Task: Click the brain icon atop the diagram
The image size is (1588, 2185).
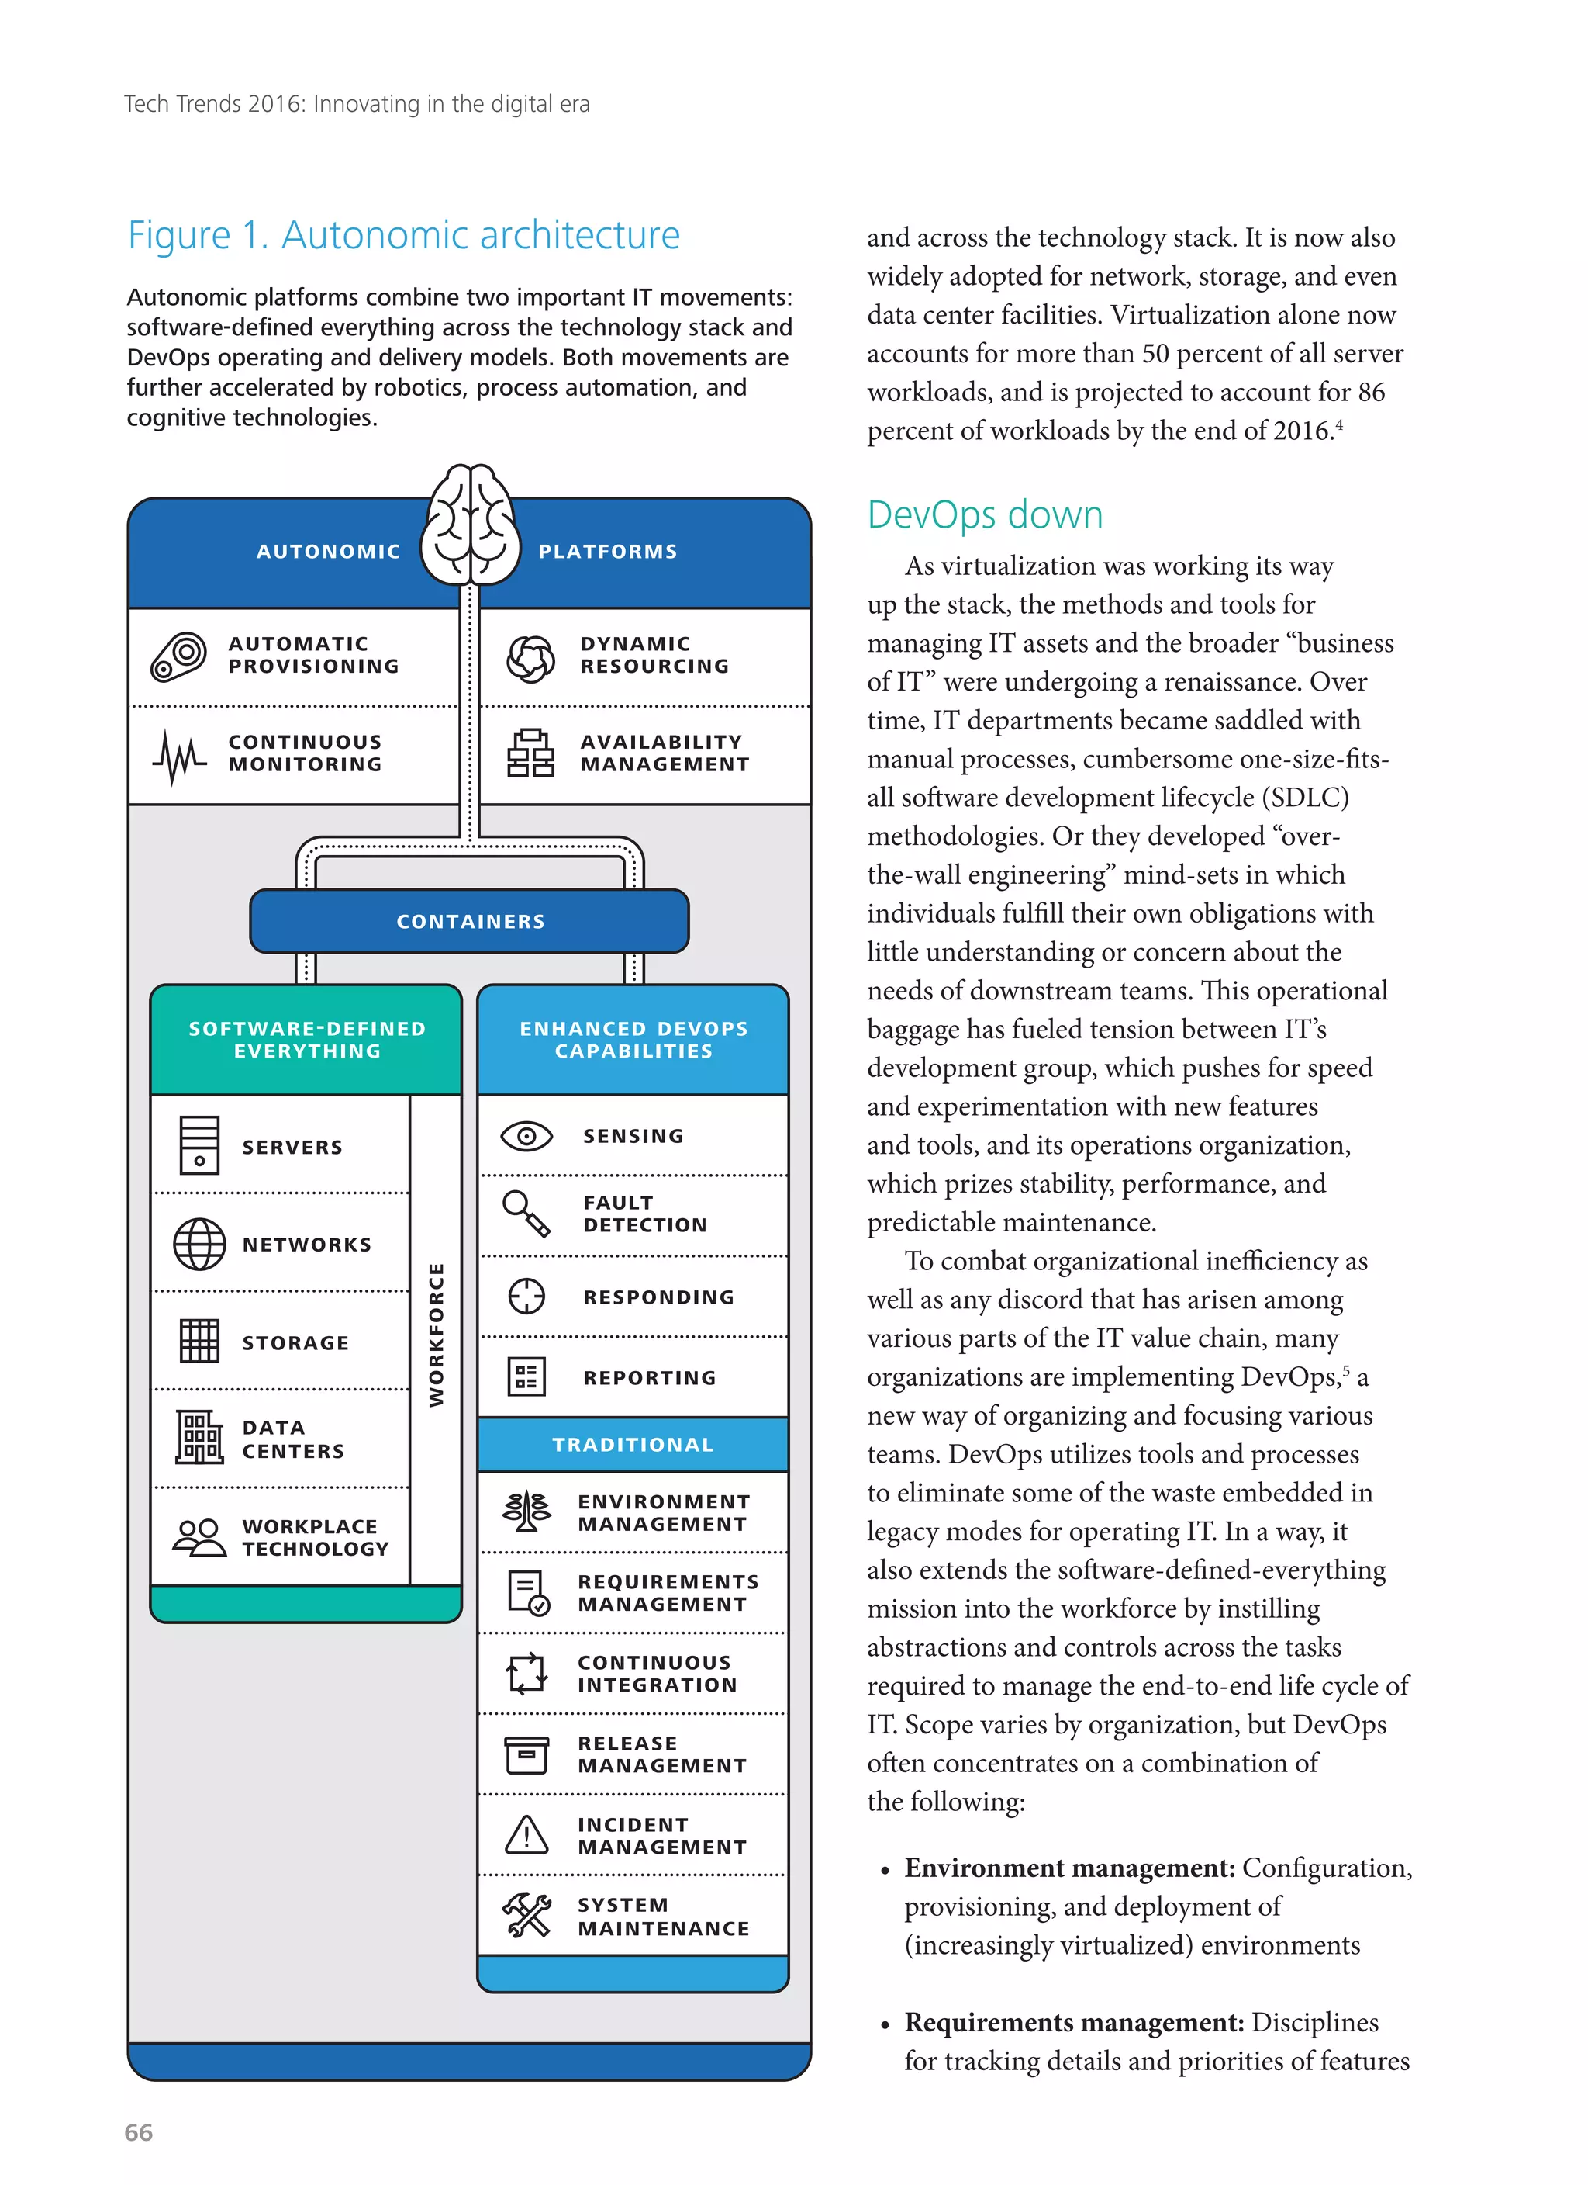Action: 470,526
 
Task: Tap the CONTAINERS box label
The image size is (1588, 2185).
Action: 470,921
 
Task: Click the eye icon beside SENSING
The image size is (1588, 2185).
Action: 526,1137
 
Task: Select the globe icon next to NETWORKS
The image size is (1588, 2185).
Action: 199,1244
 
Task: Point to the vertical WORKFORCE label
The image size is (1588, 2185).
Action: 437,1335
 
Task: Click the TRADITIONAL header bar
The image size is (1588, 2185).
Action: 633,1444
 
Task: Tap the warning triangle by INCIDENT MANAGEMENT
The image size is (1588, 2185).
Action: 526,1834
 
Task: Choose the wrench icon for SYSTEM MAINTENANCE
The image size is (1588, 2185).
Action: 526,1915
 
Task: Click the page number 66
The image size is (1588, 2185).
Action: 139,2132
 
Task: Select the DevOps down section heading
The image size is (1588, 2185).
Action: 984,514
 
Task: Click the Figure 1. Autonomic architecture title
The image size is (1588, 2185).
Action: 403,235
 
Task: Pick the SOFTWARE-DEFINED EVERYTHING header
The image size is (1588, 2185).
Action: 306,1040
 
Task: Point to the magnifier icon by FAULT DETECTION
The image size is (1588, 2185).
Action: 526,1213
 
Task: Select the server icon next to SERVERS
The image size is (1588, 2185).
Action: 199,1145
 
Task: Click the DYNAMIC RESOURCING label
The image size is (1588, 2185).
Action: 654,655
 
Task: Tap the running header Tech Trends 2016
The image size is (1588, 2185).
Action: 357,104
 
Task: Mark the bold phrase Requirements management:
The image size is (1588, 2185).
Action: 1074,2021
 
